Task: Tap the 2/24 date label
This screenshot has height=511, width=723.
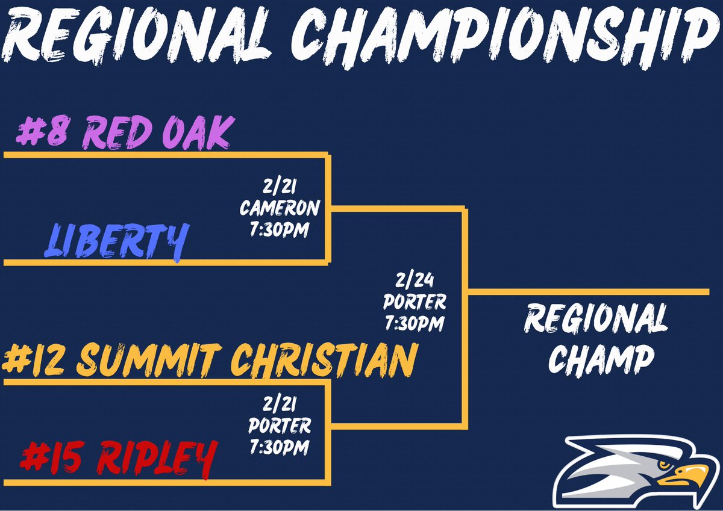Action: pyautogui.click(x=415, y=280)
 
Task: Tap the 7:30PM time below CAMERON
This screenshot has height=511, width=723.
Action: pyautogui.click(x=278, y=229)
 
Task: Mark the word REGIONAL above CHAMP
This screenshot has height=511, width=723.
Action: pyautogui.click(x=596, y=319)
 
